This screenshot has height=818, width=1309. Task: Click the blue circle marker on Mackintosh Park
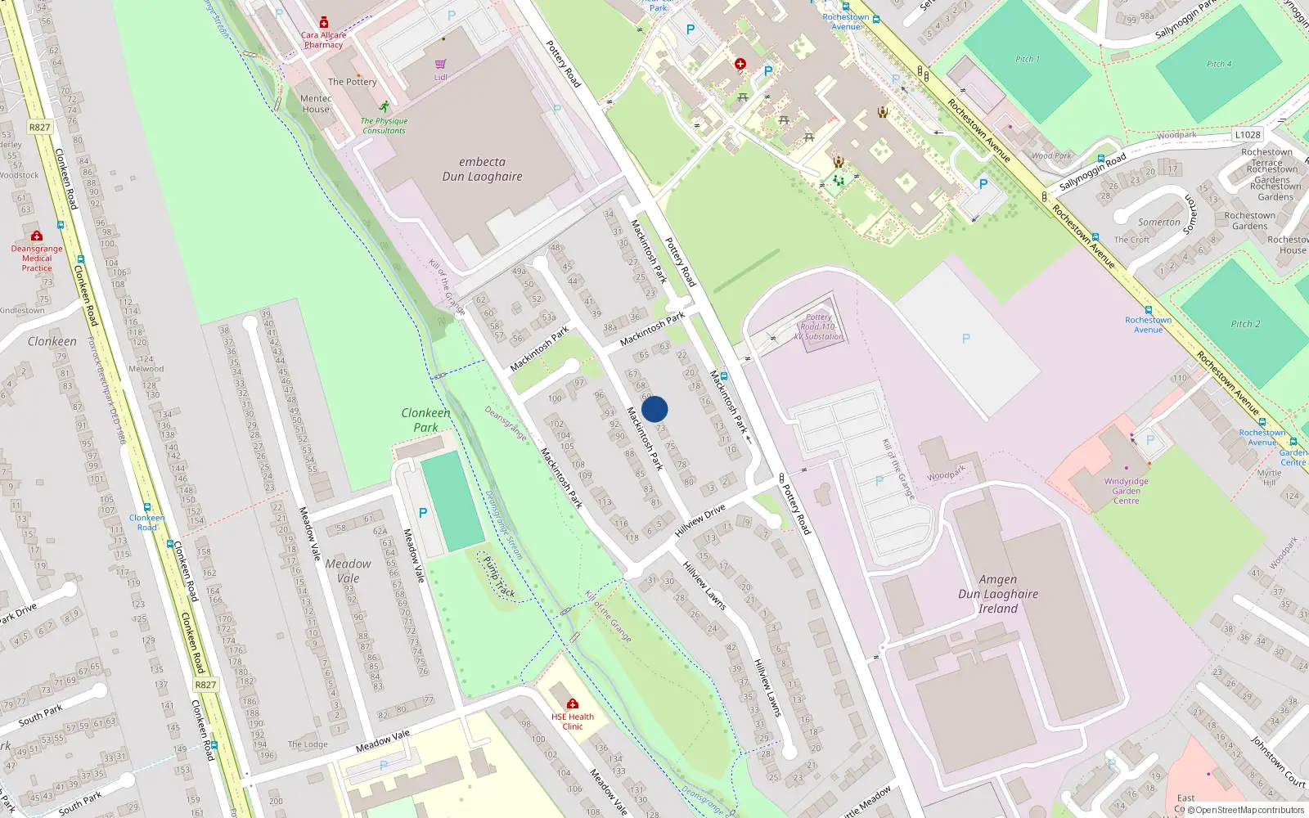click(x=654, y=409)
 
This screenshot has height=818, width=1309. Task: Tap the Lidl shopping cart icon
click(x=440, y=64)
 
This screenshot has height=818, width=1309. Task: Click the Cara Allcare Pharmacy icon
click(x=324, y=23)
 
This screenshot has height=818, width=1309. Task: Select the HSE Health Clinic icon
click(x=573, y=703)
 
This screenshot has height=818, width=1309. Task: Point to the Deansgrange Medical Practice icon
click(x=37, y=236)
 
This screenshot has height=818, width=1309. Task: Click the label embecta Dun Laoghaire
click(x=482, y=169)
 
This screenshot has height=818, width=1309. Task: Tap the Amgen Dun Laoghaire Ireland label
click(x=998, y=594)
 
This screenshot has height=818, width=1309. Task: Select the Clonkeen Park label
click(x=425, y=420)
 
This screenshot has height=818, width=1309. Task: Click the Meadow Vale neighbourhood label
click(x=348, y=571)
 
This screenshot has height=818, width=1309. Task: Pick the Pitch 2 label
click(x=1245, y=324)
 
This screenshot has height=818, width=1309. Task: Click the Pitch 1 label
click(x=1028, y=59)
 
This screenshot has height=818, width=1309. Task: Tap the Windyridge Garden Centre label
click(x=1126, y=491)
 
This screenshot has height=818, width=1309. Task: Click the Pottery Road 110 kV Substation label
click(x=818, y=327)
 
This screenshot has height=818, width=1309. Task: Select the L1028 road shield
click(x=1248, y=135)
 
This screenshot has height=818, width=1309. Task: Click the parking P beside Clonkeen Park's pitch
click(x=423, y=513)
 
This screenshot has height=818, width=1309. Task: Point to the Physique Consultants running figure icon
click(x=385, y=106)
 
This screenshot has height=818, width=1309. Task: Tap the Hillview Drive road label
click(x=700, y=521)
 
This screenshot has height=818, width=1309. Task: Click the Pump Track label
click(x=499, y=577)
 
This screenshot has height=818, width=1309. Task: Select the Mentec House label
click(x=316, y=104)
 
